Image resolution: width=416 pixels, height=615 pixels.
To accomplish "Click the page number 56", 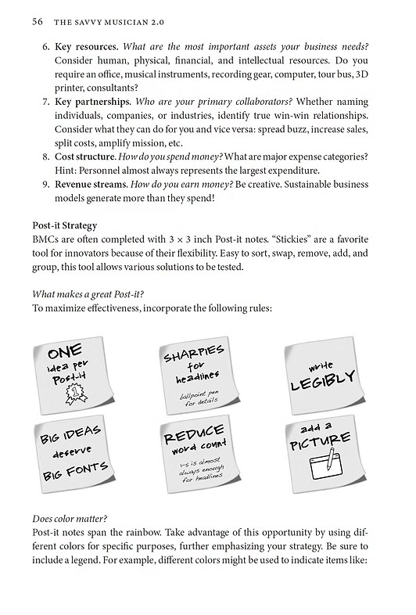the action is [37, 21].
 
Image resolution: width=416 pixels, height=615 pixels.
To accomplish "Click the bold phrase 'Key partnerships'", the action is [88, 102].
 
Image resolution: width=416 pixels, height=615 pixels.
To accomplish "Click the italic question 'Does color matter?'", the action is [70, 519].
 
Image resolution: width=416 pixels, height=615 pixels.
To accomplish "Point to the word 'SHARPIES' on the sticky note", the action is [194, 353].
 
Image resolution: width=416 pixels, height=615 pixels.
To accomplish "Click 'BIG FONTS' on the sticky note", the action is [74, 472].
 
